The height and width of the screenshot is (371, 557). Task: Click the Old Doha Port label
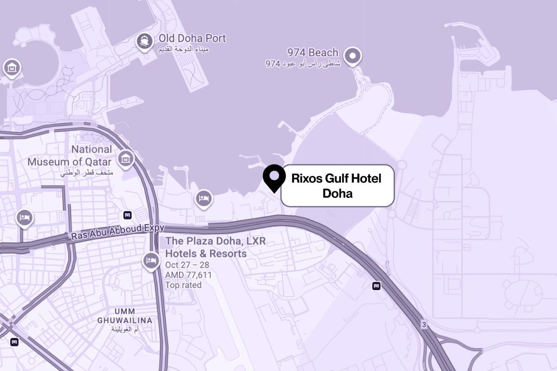pos(192,39)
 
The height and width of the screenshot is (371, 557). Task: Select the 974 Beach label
pos(313,53)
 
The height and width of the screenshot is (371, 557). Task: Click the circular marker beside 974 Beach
pos(353,56)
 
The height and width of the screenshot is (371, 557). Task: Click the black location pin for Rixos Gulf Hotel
pos(274,177)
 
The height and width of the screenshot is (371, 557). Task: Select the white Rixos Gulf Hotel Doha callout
pos(337,186)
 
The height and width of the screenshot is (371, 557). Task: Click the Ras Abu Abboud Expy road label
pos(118,232)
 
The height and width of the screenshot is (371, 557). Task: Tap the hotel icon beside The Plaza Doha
pos(151,261)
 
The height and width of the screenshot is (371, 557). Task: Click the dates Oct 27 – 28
pos(188,265)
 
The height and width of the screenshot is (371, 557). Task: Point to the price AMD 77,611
pos(188,275)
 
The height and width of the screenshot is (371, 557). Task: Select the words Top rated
pos(183,285)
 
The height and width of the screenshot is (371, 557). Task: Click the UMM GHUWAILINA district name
pos(125,316)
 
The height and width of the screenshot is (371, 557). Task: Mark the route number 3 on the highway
pos(424,325)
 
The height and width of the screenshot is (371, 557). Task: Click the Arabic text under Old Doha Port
pos(184,50)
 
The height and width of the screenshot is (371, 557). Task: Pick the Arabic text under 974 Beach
pos(303,64)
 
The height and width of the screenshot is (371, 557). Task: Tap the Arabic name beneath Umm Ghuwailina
pos(125,329)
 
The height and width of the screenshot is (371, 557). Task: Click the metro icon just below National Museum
pos(127,215)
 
